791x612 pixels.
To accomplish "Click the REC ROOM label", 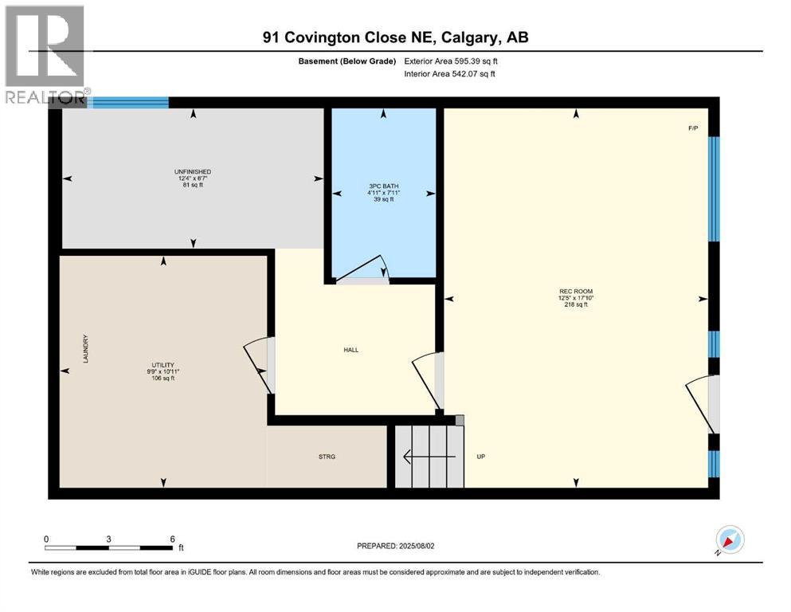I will click(x=576, y=291).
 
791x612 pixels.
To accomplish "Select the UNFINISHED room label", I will click(x=193, y=171).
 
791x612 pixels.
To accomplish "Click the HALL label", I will click(x=351, y=349).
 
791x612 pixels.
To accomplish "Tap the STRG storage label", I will click(x=327, y=457).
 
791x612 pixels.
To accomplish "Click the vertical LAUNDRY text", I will click(x=84, y=349).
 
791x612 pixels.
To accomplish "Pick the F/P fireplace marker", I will click(x=693, y=128).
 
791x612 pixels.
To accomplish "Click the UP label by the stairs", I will click(x=481, y=457).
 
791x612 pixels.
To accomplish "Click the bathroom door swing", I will click(x=362, y=271).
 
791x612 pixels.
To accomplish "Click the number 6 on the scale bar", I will click(x=171, y=539).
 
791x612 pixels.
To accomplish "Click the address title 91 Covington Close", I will click(x=396, y=37).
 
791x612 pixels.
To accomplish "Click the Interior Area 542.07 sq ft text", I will click(x=450, y=74).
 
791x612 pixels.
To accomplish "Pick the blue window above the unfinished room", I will click(x=130, y=102).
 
